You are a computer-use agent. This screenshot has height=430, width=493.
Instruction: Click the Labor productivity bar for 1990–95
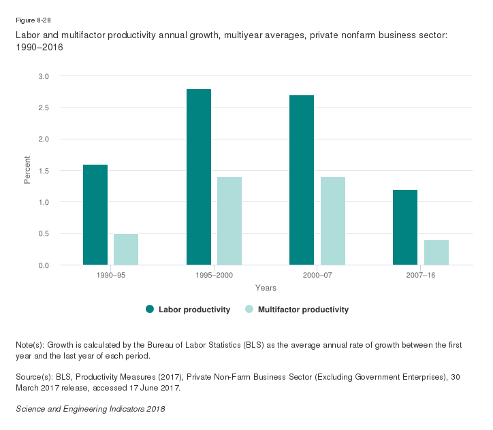[95, 214]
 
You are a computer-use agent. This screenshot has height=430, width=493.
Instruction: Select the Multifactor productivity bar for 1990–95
[126, 249]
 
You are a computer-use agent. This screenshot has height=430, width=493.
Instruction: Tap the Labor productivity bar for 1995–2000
[199, 177]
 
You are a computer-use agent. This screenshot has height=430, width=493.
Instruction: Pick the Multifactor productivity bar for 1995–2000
[229, 220]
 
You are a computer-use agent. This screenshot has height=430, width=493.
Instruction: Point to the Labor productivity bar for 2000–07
[302, 180]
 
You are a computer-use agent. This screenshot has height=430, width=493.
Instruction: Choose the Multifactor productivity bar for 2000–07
[333, 220]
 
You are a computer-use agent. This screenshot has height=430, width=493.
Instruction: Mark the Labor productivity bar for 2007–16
[405, 227]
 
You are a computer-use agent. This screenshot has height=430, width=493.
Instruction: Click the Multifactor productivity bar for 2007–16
[436, 252]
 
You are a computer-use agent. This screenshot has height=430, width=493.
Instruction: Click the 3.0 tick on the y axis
[44, 76]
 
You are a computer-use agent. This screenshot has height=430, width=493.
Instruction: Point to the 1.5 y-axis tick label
[44, 171]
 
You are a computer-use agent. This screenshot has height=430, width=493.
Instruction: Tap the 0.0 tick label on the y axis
[44, 265]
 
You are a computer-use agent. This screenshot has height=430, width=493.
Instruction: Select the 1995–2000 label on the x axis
[214, 276]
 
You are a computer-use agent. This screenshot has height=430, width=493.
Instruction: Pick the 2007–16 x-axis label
[421, 276]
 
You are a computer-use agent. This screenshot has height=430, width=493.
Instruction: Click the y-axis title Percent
[28, 170]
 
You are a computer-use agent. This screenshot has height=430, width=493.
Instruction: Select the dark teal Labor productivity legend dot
[150, 310]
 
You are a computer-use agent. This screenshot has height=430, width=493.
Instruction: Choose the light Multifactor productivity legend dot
[249, 310]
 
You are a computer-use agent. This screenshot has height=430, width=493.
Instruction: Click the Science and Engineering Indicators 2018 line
[90, 409]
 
